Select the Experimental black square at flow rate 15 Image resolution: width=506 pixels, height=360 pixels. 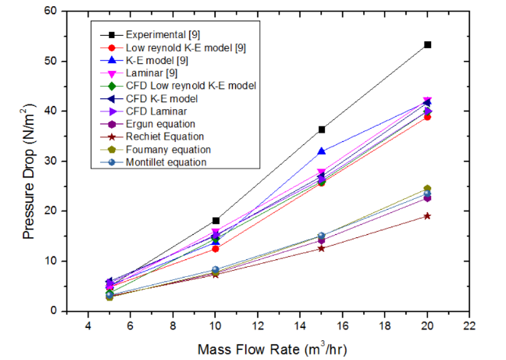[322, 130]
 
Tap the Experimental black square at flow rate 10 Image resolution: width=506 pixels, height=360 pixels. [216, 220]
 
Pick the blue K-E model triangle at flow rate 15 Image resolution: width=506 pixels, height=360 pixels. [322, 152]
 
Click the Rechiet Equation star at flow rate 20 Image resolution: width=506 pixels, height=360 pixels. [427, 216]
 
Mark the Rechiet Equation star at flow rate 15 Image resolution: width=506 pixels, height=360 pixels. [322, 248]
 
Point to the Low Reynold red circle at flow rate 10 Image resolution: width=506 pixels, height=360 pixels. [216, 249]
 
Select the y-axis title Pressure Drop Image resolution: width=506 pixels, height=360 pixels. [29, 174]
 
